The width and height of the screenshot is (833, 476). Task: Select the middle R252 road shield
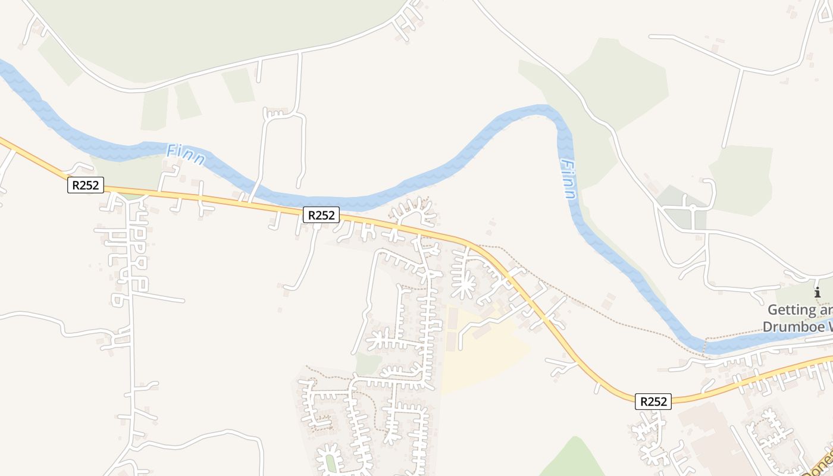pyautogui.click(x=321, y=215)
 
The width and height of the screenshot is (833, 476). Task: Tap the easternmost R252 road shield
pyautogui.click(x=653, y=402)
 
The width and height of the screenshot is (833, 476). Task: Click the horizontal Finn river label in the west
pyautogui.click(x=186, y=155)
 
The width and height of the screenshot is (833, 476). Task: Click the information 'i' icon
pyautogui.click(x=818, y=292)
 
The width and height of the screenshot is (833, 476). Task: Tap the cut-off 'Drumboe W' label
pyautogui.click(x=797, y=327)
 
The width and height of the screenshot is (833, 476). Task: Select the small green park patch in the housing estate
pyautogui.click(x=368, y=363)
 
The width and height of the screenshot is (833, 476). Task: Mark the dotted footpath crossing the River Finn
pyautogui.click(x=704, y=346)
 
